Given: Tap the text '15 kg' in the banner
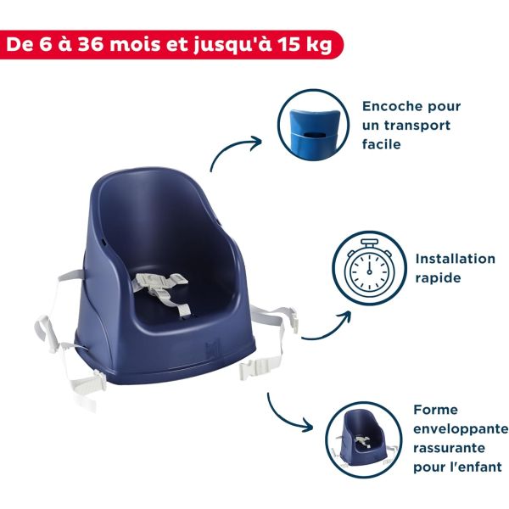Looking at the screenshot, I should pyautogui.click(x=298, y=44).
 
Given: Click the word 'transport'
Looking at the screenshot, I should pyautogui.click(x=418, y=126).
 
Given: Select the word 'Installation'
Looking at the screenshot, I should pyautogui.click(x=456, y=259).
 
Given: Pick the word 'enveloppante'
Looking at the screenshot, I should pyautogui.click(x=461, y=428).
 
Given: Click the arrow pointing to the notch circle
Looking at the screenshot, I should pyautogui.click(x=238, y=154).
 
